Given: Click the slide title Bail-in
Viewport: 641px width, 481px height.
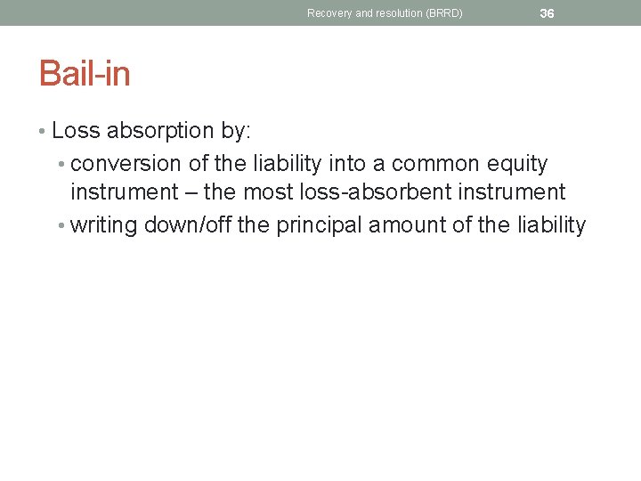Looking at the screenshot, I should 85,73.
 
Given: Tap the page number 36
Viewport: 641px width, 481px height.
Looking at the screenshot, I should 547,13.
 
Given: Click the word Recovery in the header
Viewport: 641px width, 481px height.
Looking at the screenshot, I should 329,13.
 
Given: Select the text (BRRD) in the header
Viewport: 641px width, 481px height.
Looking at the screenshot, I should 443,13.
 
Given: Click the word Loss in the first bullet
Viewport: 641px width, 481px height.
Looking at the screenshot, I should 76,131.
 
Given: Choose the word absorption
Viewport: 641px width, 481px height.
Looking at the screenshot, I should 160,131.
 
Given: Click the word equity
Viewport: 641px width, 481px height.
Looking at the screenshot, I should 520,164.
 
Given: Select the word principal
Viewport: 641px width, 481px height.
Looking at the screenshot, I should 319,224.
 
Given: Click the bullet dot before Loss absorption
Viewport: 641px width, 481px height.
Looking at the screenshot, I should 43,132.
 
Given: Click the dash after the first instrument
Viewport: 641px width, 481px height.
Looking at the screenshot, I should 191,192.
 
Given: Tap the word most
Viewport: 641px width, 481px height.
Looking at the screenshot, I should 265,192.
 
